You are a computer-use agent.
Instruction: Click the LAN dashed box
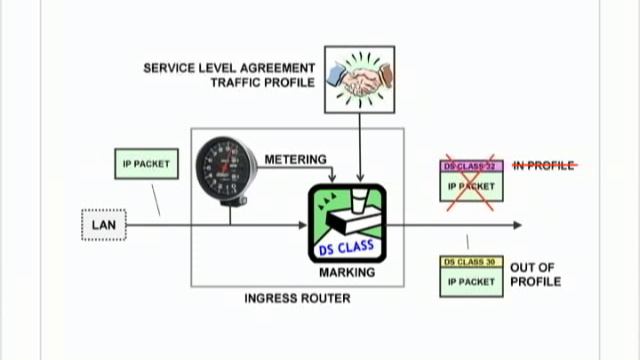(104, 225)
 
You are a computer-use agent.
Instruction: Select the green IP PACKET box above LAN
(146, 164)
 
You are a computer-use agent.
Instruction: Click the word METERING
(295, 160)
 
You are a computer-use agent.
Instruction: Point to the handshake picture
(359, 79)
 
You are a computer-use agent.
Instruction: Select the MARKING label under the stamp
(347, 272)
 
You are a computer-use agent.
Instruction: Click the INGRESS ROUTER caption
(297, 298)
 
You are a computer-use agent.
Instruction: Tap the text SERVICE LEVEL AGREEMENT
(229, 68)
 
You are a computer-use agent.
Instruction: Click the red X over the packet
(471, 184)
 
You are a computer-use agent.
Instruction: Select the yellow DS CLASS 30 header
(471, 262)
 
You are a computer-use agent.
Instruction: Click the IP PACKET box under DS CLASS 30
(471, 282)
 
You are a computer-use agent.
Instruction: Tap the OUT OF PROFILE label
(536, 274)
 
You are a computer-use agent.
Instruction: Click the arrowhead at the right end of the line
(517, 225)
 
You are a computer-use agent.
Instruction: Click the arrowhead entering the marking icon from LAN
(302, 225)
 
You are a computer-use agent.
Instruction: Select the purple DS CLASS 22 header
(471, 165)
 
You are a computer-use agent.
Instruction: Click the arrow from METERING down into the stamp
(332, 174)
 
